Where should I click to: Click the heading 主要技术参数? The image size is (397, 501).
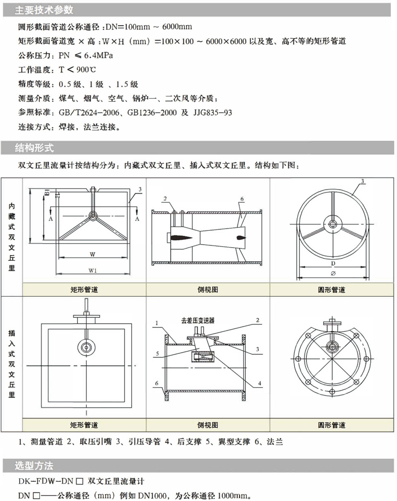click(44, 10)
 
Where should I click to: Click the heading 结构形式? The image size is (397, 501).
click(34, 148)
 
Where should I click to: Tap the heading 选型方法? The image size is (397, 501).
click(34, 465)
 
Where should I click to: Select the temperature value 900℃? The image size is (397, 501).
click(86, 70)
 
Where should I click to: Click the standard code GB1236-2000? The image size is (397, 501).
click(152, 113)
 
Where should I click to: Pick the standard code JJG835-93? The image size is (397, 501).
click(213, 113)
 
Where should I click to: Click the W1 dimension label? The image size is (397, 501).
click(93, 271)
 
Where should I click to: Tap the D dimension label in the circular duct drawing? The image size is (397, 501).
click(333, 263)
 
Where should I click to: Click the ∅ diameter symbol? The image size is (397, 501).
click(333, 274)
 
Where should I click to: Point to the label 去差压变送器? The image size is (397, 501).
click(198, 321)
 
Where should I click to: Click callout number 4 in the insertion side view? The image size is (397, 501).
click(260, 383)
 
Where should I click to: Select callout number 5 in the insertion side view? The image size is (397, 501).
click(158, 354)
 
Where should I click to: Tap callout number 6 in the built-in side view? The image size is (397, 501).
click(242, 199)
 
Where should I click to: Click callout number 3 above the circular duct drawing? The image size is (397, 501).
click(363, 181)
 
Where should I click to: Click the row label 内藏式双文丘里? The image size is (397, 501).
click(11, 237)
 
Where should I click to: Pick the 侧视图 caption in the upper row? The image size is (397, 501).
click(208, 289)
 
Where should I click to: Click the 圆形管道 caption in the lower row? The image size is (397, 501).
click(331, 425)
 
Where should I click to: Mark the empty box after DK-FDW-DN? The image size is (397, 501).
click(80, 481)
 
